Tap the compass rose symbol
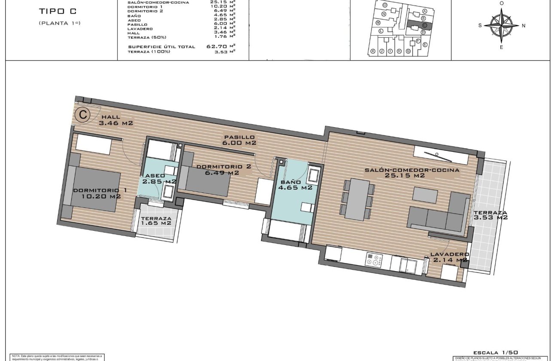click(x=501, y=25)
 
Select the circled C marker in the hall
click(x=82, y=115)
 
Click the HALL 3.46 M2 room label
click(x=116, y=120)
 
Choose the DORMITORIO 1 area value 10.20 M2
click(x=101, y=196)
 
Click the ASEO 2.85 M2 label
click(x=159, y=179)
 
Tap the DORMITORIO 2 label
click(x=217, y=167)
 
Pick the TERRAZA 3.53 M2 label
click(x=490, y=215)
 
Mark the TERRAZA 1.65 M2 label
click(x=156, y=220)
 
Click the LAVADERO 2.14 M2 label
click(x=449, y=257)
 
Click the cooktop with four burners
click(x=374, y=260)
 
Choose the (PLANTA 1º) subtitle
click(x=59, y=23)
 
